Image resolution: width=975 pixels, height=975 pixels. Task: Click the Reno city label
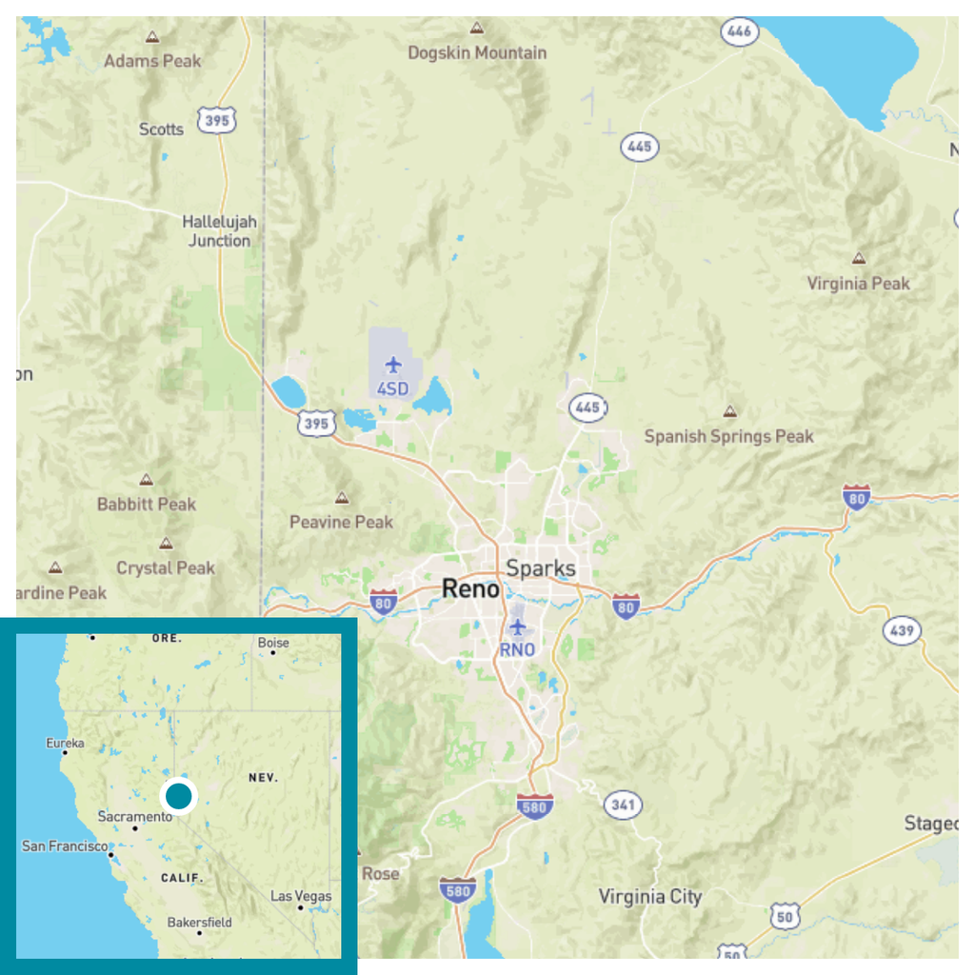pyautogui.click(x=470, y=589)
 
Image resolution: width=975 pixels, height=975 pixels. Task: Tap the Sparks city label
pyautogui.click(x=541, y=568)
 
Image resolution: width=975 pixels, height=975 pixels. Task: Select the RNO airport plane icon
pyautogui.click(x=517, y=627)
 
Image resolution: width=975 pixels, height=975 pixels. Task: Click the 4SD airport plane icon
pyautogui.click(x=393, y=364)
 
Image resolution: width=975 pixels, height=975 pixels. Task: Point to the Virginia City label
pyautogui.click(x=650, y=896)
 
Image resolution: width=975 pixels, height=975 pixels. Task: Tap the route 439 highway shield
pyautogui.click(x=900, y=629)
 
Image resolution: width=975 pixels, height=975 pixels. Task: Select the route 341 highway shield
pyautogui.click(x=622, y=805)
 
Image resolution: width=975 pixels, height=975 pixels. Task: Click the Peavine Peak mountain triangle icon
pyautogui.click(x=342, y=498)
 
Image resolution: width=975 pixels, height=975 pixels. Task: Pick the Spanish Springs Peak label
pyautogui.click(x=729, y=436)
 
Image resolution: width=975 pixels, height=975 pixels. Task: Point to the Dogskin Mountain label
pyautogui.click(x=477, y=52)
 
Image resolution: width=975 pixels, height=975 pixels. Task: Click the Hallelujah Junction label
pyautogui.click(x=219, y=231)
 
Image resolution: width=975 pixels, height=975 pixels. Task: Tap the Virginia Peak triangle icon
pyautogui.click(x=859, y=258)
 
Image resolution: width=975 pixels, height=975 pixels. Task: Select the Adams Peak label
pyautogui.click(x=152, y=61)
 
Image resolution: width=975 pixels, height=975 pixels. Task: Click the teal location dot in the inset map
pyautogui.click(x=178, y=795)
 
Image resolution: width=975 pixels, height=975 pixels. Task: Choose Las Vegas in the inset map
pyautogui.click(x=301, y=896)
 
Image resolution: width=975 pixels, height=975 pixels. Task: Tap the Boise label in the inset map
pyautogui.click(x=273, y=643)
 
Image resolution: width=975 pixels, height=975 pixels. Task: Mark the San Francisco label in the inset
pyautogui.click(x=65, y=846)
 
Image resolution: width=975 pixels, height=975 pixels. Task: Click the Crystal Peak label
pyautogui.click(x=166, y=567)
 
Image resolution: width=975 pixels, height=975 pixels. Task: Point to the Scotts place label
pyautogui.click(x=161, y=129)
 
